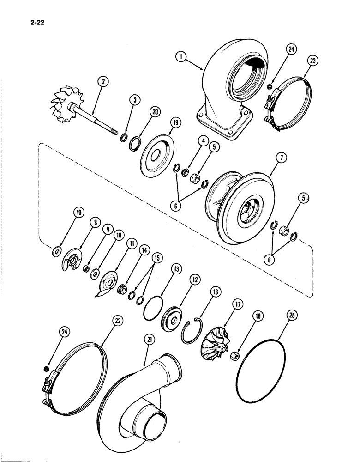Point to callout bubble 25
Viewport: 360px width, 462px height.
[292, 316]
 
